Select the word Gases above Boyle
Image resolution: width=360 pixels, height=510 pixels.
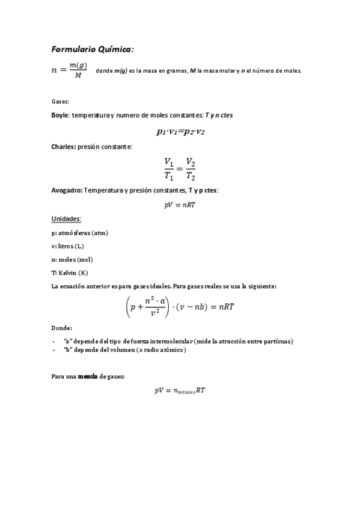pos(60,102)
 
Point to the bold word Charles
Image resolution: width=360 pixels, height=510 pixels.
pos(63,146)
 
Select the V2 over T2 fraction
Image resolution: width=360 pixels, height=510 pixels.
pos(191,168)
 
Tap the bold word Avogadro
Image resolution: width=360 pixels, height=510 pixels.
pos(67,190)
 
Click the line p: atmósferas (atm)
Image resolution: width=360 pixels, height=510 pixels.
pos(80,233)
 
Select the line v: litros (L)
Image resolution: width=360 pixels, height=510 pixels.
pos(67,246)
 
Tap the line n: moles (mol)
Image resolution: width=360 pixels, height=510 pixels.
pos(72,259)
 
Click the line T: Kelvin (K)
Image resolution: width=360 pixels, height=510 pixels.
pos(70,272)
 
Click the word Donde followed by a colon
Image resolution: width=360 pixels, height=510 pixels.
pos(62,328)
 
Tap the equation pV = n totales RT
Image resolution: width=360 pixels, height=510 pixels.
pos(180,391)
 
